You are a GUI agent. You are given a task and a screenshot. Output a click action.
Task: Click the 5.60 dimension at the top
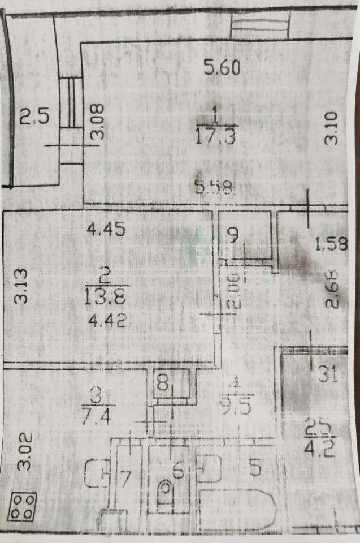point(223,68)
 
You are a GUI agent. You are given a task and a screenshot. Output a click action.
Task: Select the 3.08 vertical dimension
point(98,122)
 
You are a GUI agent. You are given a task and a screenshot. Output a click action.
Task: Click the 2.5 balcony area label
point(35,118)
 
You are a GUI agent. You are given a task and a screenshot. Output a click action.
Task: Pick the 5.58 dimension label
point(214,187)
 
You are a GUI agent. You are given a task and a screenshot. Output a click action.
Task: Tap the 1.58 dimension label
point(331,244)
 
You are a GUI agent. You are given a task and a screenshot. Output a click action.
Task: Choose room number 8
point(163,383)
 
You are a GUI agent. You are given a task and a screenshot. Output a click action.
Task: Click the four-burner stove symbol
point(23,506)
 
